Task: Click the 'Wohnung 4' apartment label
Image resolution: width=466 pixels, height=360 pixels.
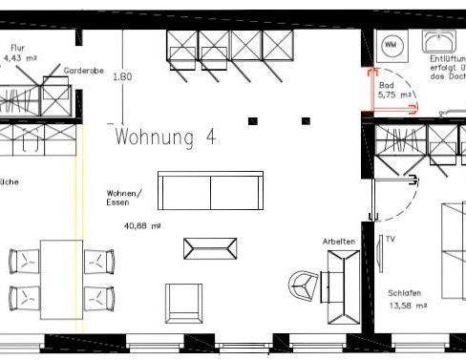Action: (x=164, y=138)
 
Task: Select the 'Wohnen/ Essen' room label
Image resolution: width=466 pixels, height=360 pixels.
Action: (x=124, y=198)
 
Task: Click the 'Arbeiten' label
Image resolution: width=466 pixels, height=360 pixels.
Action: (x=339, y=243)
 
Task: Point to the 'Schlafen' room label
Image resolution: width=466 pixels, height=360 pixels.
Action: (x=405, y=293)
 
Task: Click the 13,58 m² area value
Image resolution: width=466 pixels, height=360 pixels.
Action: (x=407, y=306)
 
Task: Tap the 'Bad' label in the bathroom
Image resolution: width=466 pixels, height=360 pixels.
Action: (x=386, y=85)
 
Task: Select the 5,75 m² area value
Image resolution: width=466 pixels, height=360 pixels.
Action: (x=394, y=95)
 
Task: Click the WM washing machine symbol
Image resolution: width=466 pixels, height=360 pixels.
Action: (x=392, y=45)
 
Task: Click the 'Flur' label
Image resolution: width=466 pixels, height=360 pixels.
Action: (x=17, y=47)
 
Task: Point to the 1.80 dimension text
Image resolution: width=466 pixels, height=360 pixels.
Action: (x=121, y=76)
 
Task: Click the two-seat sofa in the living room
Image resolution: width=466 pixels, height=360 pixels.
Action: (x=210, y=192)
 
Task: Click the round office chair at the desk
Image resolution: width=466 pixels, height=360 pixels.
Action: (x=305, y=284)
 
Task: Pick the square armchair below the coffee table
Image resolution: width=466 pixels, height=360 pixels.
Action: (x=184, y=303)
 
